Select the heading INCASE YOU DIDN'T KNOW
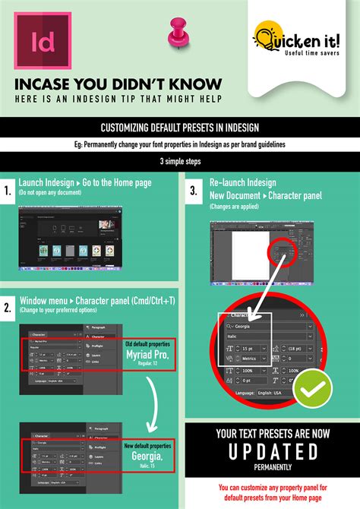118,83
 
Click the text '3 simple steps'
180,162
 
